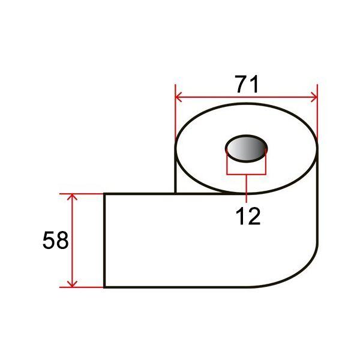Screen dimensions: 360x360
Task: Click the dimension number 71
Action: point(247,84)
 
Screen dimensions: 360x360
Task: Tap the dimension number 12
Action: point(248,216)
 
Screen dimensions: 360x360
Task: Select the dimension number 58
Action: point(56,240)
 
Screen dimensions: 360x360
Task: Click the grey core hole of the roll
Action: point(247,149)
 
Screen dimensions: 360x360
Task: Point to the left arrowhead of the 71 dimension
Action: point(178,97)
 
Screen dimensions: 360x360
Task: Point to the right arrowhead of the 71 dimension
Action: point(314,97)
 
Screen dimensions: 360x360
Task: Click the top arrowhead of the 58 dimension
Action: point(72,197)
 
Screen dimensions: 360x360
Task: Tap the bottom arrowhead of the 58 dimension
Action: point(72,284)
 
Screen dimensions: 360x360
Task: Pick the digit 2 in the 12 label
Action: point(254,216)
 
